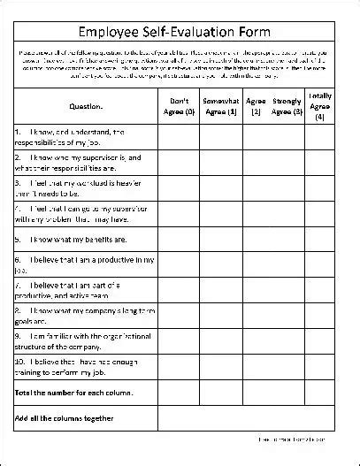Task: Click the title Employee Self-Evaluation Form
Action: click(x=180, y=31)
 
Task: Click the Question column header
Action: click(x=86, y=106)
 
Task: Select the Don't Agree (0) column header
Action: click(x=180, y=106)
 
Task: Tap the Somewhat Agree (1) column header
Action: click(x=220, y=106)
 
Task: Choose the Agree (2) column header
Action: click(x=256, y=106)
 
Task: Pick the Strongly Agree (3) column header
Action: click(x=287, y=106)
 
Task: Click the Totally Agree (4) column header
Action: click(x=320, y=105)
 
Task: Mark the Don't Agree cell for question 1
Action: click(x=180, y=136)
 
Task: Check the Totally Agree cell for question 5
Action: click(x=320, y=239)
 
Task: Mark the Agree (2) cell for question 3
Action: click(x=256, y=187)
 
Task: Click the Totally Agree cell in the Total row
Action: click(x=320, y=392)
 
